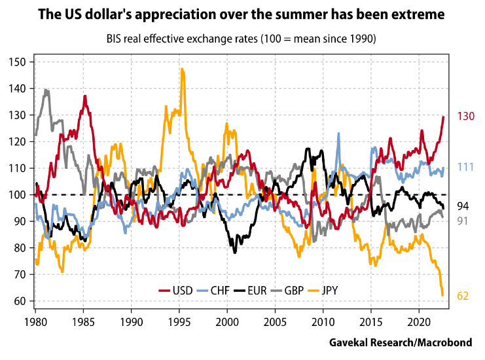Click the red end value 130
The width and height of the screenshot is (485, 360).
(x=465, y=117)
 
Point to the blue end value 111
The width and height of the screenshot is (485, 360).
(x=465, y=168)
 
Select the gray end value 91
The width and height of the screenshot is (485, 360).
(x=462, y=221)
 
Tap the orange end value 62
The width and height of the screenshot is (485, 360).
(x=463, y=297)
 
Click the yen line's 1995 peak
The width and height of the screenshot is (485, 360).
(x=182, y=69)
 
